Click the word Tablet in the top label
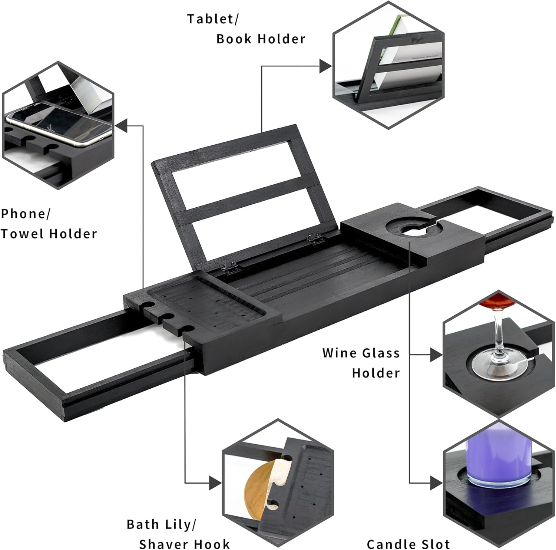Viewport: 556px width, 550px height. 210,19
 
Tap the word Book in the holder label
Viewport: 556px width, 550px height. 234,39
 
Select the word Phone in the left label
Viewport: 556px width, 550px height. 23,214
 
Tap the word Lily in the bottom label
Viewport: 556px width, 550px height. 178,524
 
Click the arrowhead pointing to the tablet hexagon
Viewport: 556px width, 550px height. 326,66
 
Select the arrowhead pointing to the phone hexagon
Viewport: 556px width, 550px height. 121,126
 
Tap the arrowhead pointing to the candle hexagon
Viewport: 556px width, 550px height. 436,483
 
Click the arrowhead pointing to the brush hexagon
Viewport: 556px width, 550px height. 215,483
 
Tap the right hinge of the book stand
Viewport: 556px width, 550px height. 314,239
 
